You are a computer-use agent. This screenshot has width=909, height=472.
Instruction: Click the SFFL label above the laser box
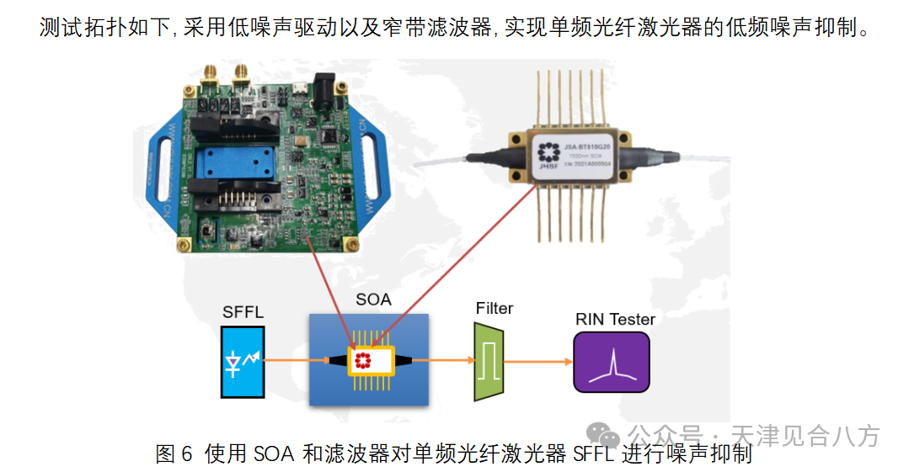point(243,313)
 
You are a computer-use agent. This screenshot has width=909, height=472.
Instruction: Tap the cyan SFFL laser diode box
point(243,362)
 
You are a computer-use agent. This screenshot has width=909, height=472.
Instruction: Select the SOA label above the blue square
point(373,300)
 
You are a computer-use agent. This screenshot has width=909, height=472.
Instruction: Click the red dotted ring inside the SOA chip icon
point(363,361)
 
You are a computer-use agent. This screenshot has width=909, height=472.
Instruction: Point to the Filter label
point(494,309)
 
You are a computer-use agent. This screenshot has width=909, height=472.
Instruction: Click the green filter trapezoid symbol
point(489,361)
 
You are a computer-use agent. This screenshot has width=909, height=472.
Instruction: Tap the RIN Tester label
point(615,319)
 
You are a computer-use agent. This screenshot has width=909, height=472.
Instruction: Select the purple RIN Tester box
point(612,362)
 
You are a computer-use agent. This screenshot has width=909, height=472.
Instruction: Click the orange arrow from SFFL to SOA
point(297,360)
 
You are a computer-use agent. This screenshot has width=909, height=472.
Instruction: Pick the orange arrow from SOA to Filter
point(445,360)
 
